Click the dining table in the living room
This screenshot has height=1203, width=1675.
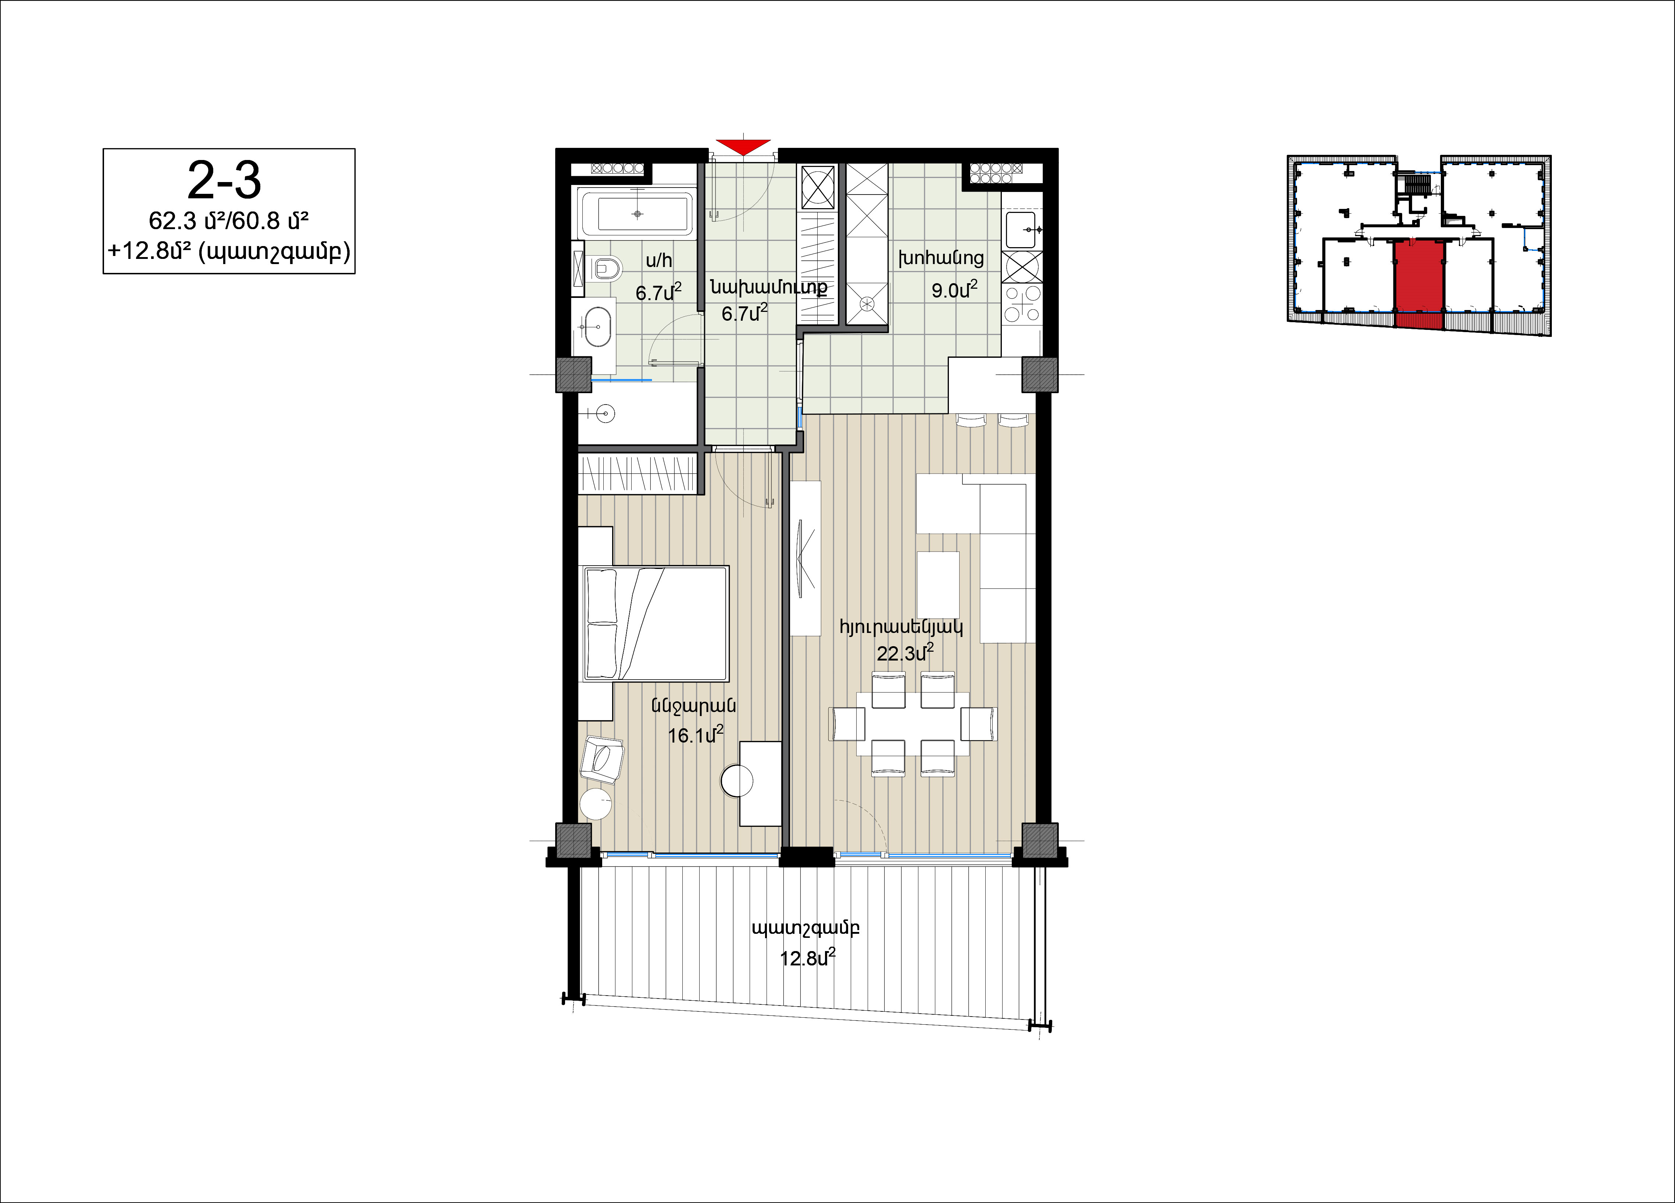click(x=913, y=723)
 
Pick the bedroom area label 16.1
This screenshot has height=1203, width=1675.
click(x=696, y=735)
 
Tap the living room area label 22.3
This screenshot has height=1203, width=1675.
click(x=905, y=652)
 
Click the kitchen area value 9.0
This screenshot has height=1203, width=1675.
click(x=954, y=290)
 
